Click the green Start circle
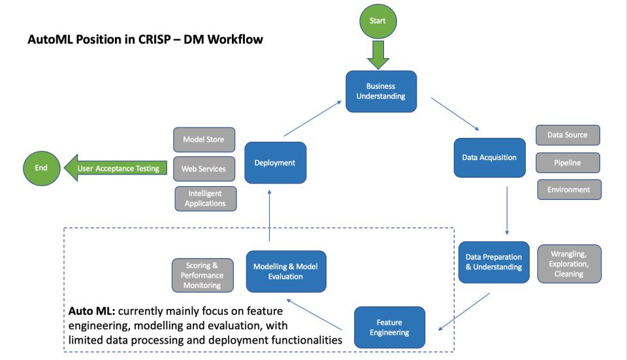click(x=378, y=21)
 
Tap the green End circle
click(x=40, y=168)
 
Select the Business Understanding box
click(x=381, y=91)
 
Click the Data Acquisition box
click(x=489, y=157)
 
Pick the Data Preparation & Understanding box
click(x=493, y=262)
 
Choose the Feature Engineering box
click(x=389, y=327)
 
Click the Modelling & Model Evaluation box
click(x=286, y=271)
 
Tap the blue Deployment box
click(x=275, y=163)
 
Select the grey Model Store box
click(x=204, y=140)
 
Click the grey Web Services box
click(x=204, y=169)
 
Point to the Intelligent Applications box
click(x=206, y=199)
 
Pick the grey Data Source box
click(x=567, y=135)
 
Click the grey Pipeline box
click(x=568, y=163)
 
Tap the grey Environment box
click(x=569, y=189)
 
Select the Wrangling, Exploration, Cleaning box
click(x=569, y=264)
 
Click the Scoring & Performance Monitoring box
click(x=202, y=276)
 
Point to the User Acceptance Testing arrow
click(x=115, y=169)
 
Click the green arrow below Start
click(x=378, y=54)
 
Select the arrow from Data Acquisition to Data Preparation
click(x=507, y=209)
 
